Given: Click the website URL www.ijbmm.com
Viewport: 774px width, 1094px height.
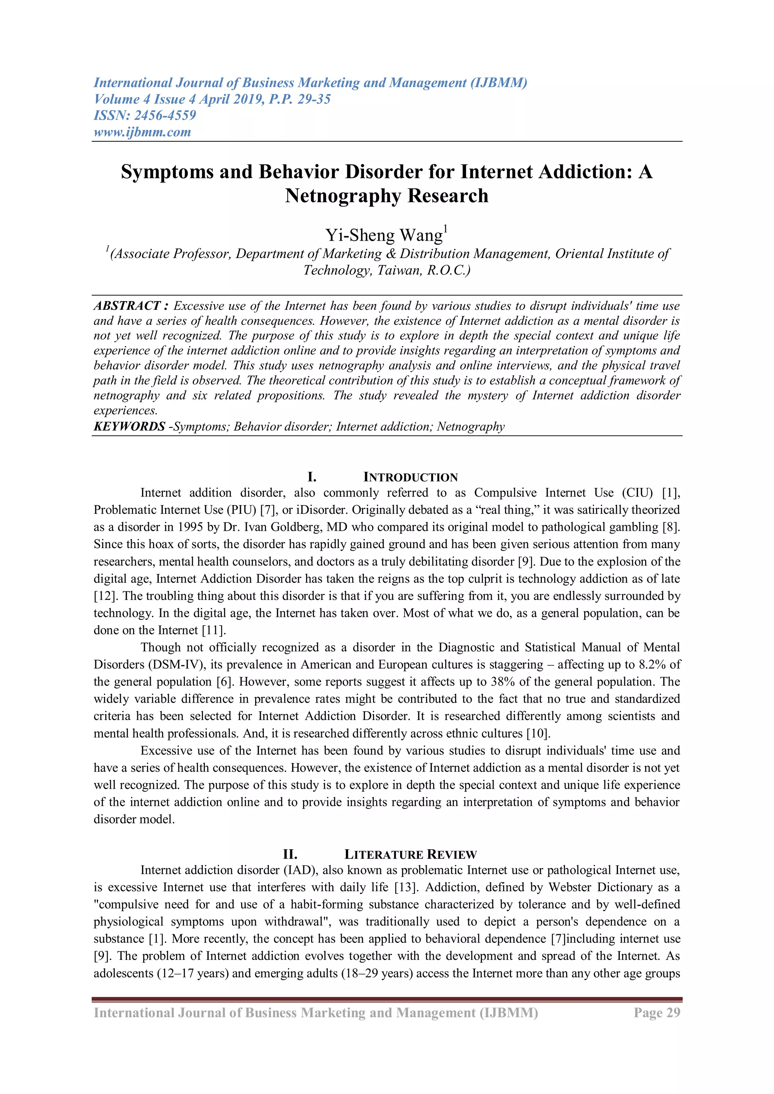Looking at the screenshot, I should (x=142, y=132).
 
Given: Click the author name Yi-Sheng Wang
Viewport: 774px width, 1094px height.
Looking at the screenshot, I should (x=384, y=235).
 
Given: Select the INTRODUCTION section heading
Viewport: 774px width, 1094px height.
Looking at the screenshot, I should (x=410, y=477).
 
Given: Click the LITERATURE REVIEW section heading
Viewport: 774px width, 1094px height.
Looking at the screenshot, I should (x=410, y=854).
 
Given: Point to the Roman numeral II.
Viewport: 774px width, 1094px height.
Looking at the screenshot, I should (x=290, y=854).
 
